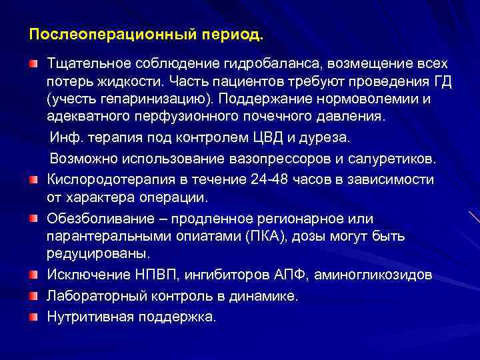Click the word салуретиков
[395, 159]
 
